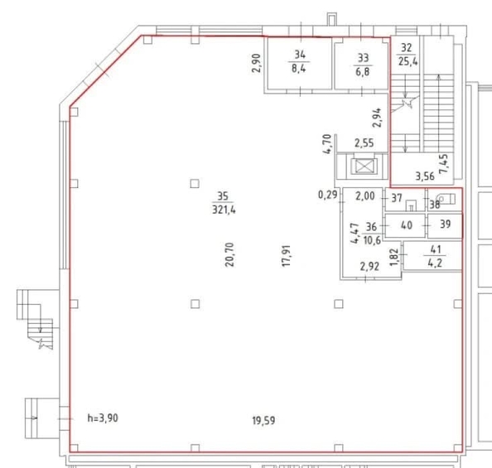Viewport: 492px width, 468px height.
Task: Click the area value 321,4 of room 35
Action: pos(224,210)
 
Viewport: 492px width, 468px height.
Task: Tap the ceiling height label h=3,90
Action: pos(103,418)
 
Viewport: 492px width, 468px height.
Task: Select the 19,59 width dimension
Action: pos(264,420)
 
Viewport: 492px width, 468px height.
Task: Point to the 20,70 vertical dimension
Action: pos(229,254)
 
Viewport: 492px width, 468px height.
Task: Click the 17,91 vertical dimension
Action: pos(287,256)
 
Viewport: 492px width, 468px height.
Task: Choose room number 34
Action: pos(300,55)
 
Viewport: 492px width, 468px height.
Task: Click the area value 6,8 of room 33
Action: pos(363,71)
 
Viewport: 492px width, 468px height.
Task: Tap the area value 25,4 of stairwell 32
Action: pos(408,61)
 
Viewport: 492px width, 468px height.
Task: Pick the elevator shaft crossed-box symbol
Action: pos(364,166)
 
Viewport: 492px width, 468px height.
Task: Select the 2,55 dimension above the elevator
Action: pos(364,143)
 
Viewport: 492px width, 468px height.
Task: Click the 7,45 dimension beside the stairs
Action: pos(444,164)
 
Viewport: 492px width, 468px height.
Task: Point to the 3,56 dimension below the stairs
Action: pos(425,176)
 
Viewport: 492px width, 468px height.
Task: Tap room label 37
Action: pos(397,198)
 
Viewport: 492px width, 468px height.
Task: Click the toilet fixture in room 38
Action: pos(447,199)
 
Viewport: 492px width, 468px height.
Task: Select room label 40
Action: pos(407,225)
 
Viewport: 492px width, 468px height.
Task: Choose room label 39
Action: pos(446,224)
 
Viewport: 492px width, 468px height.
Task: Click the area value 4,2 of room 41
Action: pos(435,263)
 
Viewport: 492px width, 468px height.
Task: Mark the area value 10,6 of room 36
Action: pos(372,240)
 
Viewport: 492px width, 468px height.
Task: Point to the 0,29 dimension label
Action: pos(328,195)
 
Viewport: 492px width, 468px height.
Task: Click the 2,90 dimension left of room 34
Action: pos(257,63)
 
